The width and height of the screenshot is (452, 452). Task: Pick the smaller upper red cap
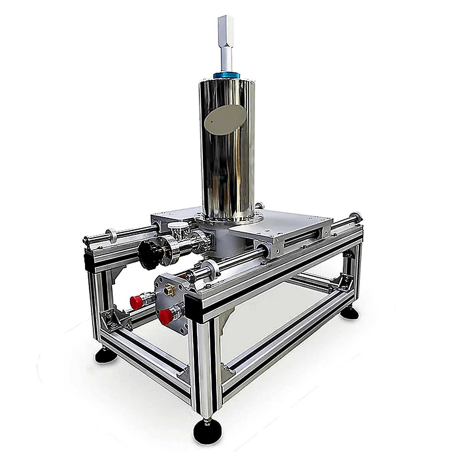point(136,302)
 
